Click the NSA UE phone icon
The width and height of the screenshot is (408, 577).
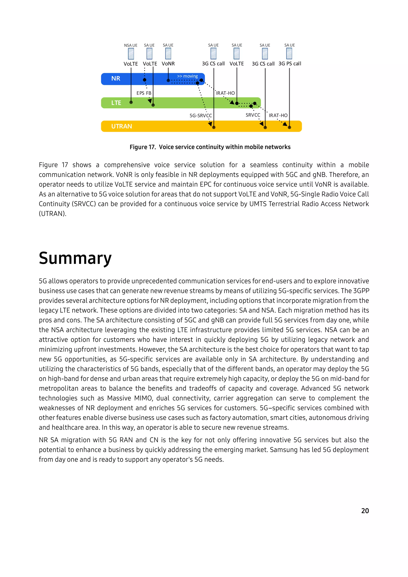coord(131,54)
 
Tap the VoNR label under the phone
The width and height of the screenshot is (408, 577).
coord(168,64)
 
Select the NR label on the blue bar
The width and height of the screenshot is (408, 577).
coord(116,79)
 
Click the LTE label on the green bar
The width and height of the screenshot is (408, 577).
coord(116,103)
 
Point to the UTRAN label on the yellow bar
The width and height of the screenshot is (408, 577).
coord(122,126)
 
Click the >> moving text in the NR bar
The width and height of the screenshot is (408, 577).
coord(187,76)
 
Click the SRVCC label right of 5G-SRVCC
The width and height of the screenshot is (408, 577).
coord(253,115)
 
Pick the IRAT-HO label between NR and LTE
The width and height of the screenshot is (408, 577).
coord(225,93)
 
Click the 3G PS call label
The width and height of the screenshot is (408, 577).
coord(290,64)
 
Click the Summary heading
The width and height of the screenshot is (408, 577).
coord(75,258)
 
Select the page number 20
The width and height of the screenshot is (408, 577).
coord(365,511)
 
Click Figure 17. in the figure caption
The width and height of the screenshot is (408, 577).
coord(142,147)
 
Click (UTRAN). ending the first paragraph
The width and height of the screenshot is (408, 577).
coord(53,214)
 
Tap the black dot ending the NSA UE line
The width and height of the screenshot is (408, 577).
coord(131,102)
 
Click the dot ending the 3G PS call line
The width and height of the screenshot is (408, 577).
coord(289,127)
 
